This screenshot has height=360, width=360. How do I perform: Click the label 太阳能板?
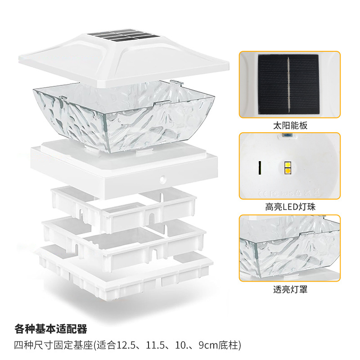pyautogui.click(x=290, y=126)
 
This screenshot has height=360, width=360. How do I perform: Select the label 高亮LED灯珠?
pyautogui.click(x=290, y=207)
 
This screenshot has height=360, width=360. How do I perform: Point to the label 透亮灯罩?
pyautogui.click(x=290, y=289)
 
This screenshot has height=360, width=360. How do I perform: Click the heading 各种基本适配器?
pyautogui.click(x=50, y=328)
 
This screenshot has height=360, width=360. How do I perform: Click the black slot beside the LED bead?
pyautogui.click(x=260, y=168)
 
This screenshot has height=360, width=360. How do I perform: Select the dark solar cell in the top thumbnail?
pyautogui.click(x=288, y=84)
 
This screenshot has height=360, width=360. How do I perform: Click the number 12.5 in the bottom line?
pyautogui.click(x=126, y=346)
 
